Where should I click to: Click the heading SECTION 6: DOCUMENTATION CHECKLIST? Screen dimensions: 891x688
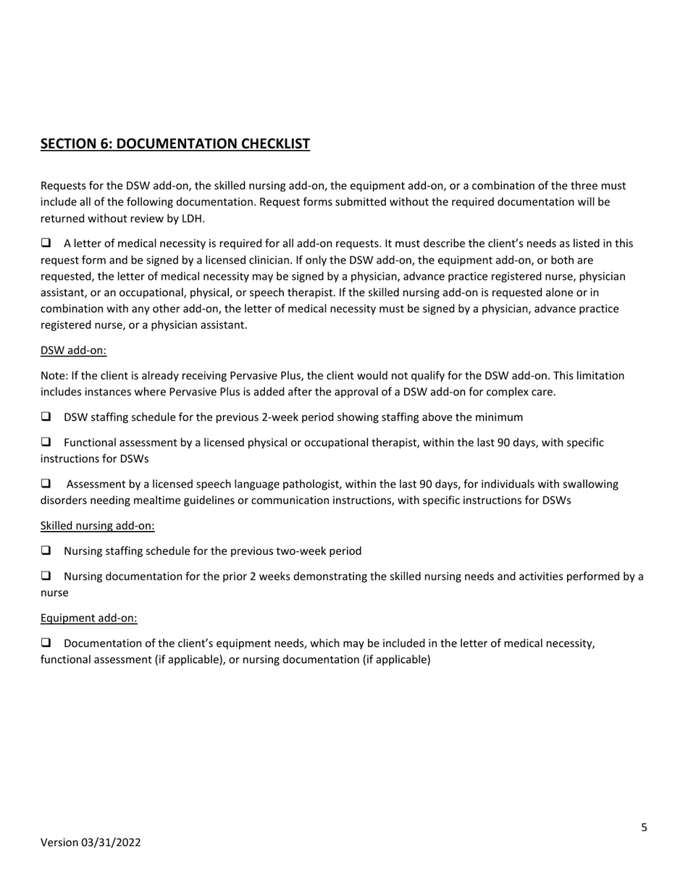pyautogui.click(x=175, y=143)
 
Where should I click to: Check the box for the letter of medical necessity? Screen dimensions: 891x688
pyautogui.click(x=46, y=243)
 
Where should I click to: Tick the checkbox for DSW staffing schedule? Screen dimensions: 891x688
pyautogui.click(x=46, y=417)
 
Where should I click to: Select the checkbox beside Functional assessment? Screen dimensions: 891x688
pyautogui.click(x=46, y=442)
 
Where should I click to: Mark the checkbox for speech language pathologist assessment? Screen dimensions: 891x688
pyautogui.click(x=46, y=483)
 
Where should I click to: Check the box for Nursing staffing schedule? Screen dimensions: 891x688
pyautogui.click(x=46, y=551)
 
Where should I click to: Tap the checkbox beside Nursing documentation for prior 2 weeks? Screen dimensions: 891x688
pyautogui.click(x=46, y=576)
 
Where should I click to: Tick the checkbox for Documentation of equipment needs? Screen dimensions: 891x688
pyautogui.click(x=46, y=643)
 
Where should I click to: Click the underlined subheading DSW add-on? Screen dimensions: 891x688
pyautogui.click(x=73, y=351)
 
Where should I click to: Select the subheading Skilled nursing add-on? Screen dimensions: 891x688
pyautogui.click(x=97, y=526)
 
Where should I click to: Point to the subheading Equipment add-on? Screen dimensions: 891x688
pyautogui.click(x=88, y=618)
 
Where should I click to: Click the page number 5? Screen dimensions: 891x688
pyautogui.click(x=644, y=827)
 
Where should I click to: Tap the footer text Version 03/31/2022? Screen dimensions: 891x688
pyautogui.click(x=91, y=842)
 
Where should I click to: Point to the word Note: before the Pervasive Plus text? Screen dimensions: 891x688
pyautogui.click(x=53, y=376)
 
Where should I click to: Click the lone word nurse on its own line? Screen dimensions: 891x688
pyautogui.click(x=54, y=593)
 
